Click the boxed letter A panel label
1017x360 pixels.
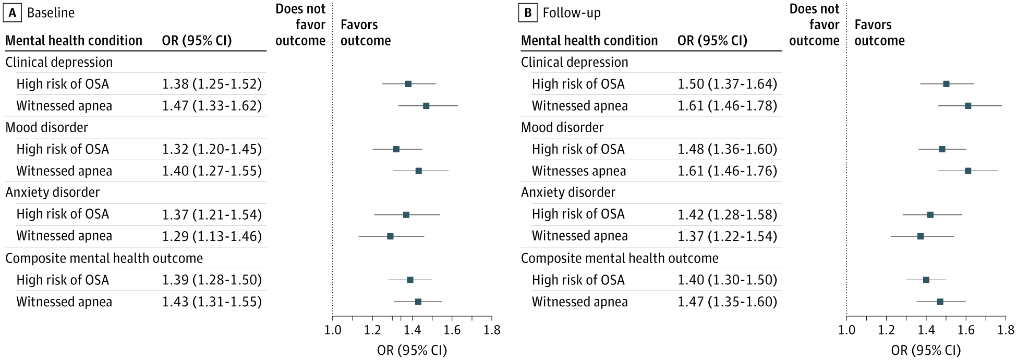[x=12, y=13]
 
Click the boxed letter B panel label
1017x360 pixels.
[x=528, y=13]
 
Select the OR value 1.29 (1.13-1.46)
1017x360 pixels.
[x=212, y=236]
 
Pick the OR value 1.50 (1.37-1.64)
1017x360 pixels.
[x=727, y=84]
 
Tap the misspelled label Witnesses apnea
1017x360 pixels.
[x=578, y=171]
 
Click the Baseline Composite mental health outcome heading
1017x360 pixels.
[x=104, y=258]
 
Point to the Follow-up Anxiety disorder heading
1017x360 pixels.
[x=568, y=193]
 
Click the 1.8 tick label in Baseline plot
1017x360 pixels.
[x=492, y=330]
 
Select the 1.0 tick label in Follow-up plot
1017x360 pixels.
[x=846, y=330]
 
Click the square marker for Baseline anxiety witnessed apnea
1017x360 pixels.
[x=390, y=236]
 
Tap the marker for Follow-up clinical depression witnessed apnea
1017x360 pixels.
[x=968, y=106]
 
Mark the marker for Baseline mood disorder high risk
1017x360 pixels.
[x=396, y=149]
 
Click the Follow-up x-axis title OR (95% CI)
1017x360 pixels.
[x=926, y=350]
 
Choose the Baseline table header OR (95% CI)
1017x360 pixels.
[x=197, y=41]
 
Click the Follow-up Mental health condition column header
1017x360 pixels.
[x=589, y=41]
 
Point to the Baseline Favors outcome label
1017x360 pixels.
[x=365, y=32]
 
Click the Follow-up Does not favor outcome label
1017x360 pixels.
[x=814, y=25]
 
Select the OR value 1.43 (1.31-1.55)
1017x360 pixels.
[x=212, y=302]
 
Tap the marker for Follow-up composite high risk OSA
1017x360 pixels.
[x=926, y=280]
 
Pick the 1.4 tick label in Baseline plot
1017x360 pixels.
[x=413, y=330]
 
